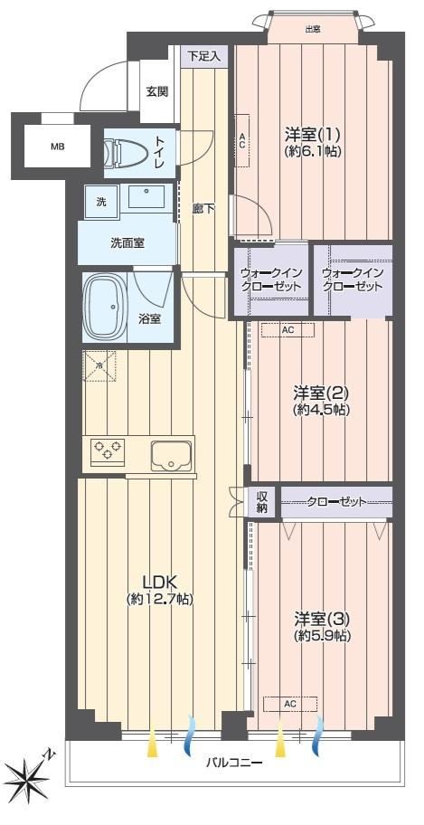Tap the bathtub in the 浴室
[107, 308]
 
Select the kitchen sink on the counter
[171, 455]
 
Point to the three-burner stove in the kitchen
[108, 450]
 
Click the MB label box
[57, 147]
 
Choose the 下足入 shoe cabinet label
[204, 56]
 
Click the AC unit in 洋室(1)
[242, 140]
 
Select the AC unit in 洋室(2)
[287, 330]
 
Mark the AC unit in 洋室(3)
[290, 704]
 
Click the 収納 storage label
[262, 502]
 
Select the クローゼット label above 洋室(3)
[336, 501]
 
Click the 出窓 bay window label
[313, 30]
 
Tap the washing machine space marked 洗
[100, 201]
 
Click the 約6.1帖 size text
[313, 152]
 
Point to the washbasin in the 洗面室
[146, 196]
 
